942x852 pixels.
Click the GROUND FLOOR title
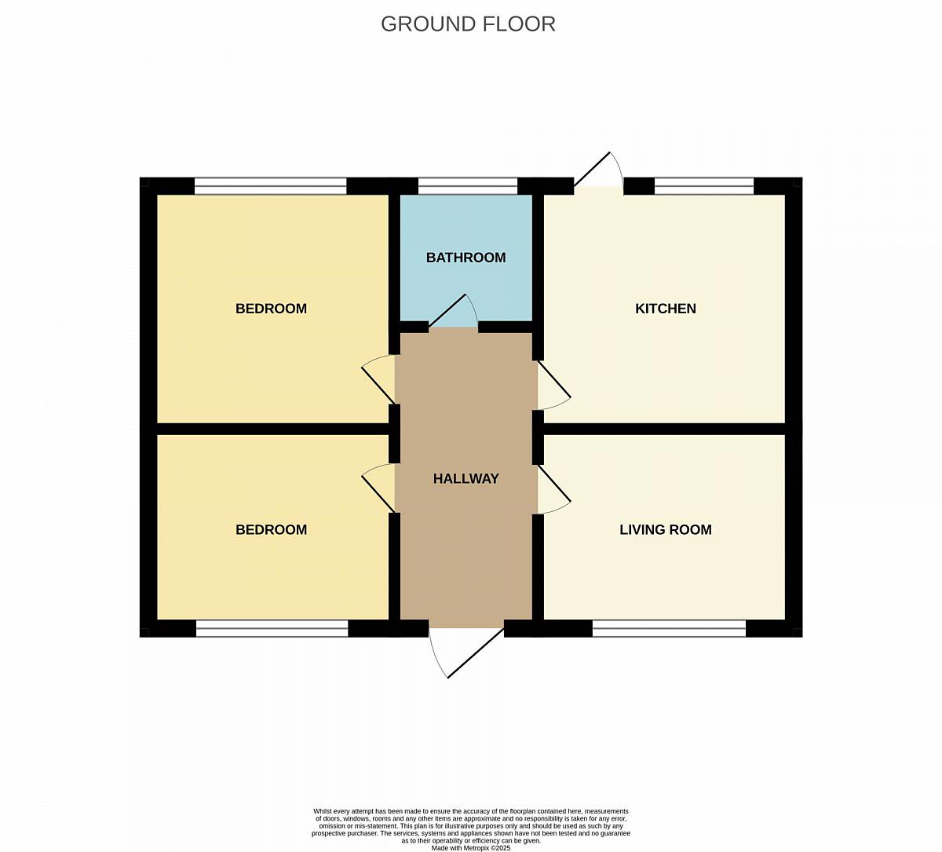(468, 24)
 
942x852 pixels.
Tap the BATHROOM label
(466, 258)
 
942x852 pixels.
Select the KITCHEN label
(666, 309)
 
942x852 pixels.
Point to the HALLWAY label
(466, 479)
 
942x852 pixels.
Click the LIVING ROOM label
(666, 529)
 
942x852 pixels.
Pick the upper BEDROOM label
(271, 309)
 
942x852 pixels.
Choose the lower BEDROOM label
(271, 529)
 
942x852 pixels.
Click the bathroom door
(447, 310)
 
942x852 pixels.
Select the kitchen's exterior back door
(593, 169)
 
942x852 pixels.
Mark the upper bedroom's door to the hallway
(378, 385)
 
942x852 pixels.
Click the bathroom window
(468, 185)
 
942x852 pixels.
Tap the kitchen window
(704, 185)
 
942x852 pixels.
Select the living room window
(669, 628)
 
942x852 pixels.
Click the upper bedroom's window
(271, 185)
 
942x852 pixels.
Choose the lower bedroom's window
(272, 628)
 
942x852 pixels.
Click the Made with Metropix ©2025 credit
(470, 848)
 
